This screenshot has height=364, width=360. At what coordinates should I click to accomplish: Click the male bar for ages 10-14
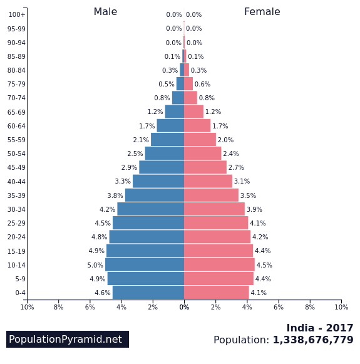[x=145, y=264]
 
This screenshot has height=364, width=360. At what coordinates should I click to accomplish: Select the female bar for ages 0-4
[x=216, y=293]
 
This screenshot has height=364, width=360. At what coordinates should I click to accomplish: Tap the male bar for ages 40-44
[x=158, y=181]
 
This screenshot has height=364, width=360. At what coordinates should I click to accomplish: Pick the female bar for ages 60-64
[x=197, y=126]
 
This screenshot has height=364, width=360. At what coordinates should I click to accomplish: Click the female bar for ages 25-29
[x=216, y=223]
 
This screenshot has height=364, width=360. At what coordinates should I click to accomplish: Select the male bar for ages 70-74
[x=178, y=98]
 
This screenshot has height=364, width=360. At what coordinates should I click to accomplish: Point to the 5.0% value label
[x=95, y=265]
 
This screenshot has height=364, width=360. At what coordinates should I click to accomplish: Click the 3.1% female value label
[x=242, y=182]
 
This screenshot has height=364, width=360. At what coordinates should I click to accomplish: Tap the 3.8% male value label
[x=115, y=195]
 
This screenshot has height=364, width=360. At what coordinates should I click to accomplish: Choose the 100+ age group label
[x=17, y=14]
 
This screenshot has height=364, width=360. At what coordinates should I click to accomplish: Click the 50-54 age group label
[x=16, y=153]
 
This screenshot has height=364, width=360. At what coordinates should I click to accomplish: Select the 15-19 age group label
[x=16, y=251]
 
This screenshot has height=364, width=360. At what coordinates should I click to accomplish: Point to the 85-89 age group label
[x=16, y=56]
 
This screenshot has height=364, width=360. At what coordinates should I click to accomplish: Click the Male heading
[x=105, y=12]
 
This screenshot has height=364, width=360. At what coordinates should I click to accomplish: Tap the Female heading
[x=262, y=12]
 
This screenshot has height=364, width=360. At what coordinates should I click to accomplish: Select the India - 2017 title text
[x=319, y=328]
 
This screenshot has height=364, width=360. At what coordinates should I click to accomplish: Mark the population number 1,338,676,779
[x=313, y=340]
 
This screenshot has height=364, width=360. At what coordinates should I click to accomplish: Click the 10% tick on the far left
[x=27, y=307]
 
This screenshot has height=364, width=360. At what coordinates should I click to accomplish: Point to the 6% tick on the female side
[x=279, y=307]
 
